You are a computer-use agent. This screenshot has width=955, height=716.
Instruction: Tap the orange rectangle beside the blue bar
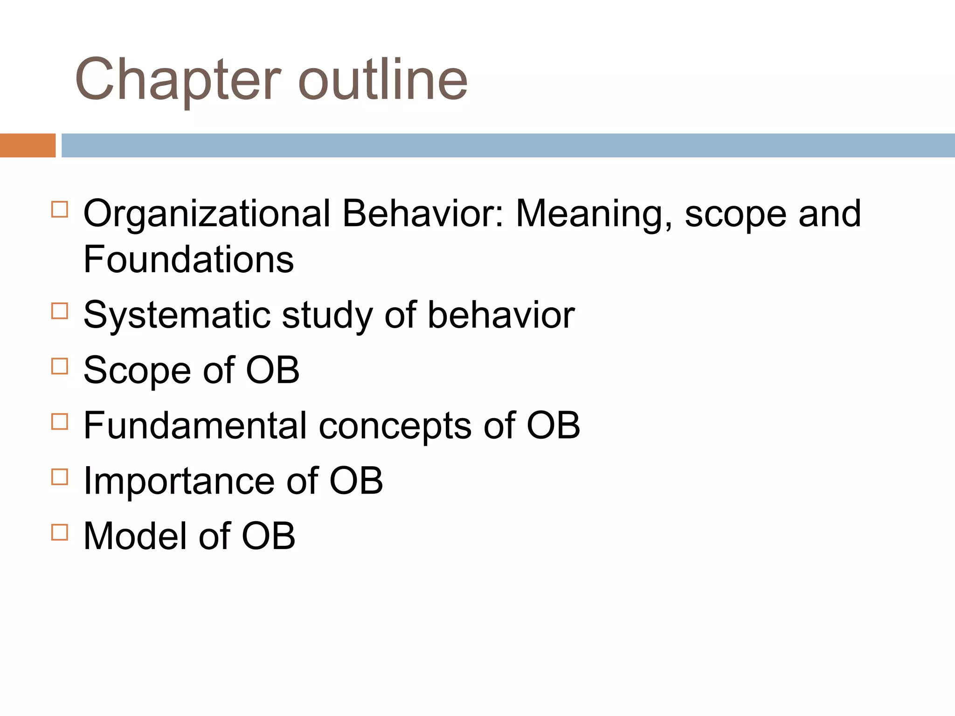coord(28,145)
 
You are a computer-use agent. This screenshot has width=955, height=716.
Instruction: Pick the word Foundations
coord(188,260)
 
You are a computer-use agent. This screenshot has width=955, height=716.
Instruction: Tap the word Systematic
coord(177,316)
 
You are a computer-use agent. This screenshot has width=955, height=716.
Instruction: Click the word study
coord(327,316)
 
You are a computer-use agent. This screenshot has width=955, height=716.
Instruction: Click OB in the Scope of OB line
coord(272,371)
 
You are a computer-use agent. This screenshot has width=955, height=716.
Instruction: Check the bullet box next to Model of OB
coord(60,532)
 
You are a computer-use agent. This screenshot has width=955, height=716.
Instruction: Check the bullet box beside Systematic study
coord(60,311)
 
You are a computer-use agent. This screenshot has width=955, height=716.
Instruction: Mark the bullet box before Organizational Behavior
coord(60,209)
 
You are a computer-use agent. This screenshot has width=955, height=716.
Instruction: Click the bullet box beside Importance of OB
coord(60,477)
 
